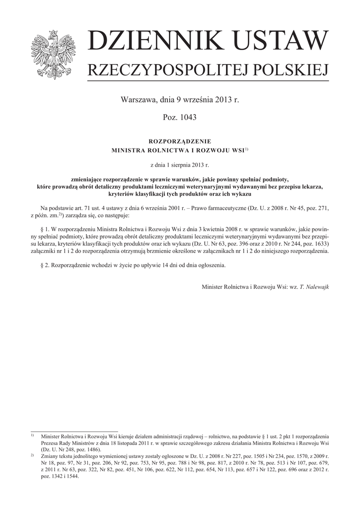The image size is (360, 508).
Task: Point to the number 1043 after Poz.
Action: [x=188, y=118]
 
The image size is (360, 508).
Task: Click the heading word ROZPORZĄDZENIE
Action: [x=180, y=141]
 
